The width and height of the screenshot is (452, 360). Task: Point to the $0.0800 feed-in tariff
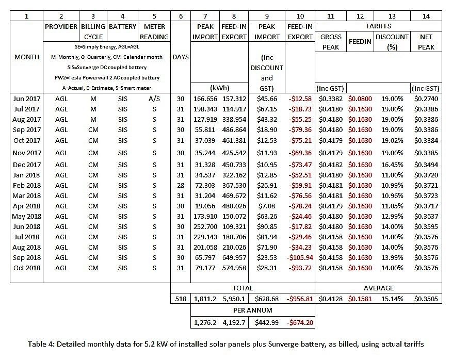[x=360, y=98]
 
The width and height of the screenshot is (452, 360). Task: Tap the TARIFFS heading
[x=379, y=26]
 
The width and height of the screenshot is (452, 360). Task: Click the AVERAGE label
[x=379, y=288]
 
